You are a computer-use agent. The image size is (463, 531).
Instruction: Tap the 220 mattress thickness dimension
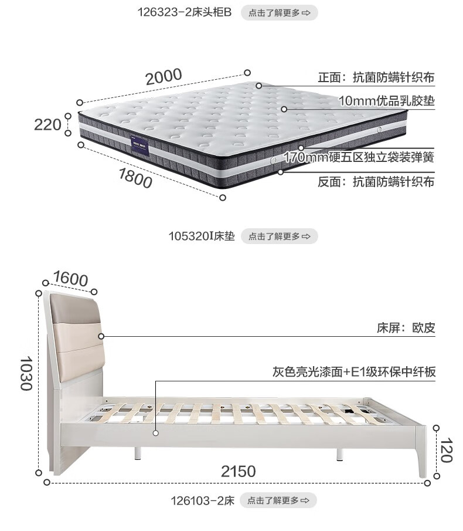[47, 124]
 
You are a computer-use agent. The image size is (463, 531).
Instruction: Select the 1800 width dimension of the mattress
[135, 177]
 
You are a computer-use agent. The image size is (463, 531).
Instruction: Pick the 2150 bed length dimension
[238, 471]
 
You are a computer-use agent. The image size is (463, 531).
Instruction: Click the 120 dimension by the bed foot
[447, 451]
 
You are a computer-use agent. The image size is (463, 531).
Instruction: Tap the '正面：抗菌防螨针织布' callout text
[376, 77]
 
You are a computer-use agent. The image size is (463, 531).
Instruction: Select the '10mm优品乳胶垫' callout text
[386, 100]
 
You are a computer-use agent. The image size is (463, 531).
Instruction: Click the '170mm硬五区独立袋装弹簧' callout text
[359, 157]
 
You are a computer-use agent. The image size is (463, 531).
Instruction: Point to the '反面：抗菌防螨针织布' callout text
[376, 182]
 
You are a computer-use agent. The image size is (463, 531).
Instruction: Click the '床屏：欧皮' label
[406, 328]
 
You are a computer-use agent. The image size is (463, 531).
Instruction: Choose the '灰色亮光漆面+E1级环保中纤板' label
[353, 372]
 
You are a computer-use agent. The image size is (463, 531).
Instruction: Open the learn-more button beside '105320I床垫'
[279, 236]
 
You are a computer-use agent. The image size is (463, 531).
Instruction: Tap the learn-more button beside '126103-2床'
[278, 500]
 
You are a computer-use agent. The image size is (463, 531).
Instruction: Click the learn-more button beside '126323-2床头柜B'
[279, 12]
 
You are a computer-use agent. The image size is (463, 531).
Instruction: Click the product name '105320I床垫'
[201, 236]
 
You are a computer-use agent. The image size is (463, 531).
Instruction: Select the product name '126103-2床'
[203, 500]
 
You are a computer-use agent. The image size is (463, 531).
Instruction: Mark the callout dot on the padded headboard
[101, 336]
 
